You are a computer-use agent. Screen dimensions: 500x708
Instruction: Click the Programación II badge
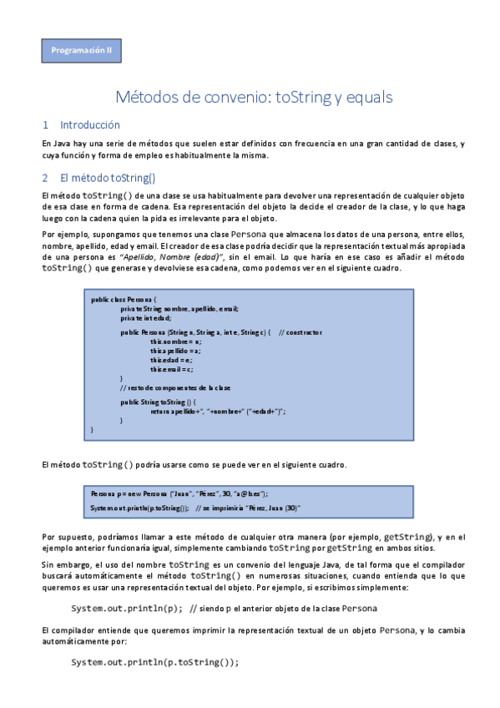tap(82, 51)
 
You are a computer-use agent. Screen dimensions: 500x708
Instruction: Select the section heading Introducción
tap(90, 125)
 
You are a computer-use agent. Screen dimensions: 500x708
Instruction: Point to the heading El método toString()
tap(108, 178)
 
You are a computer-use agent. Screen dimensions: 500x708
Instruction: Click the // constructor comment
tap(301, 333)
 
